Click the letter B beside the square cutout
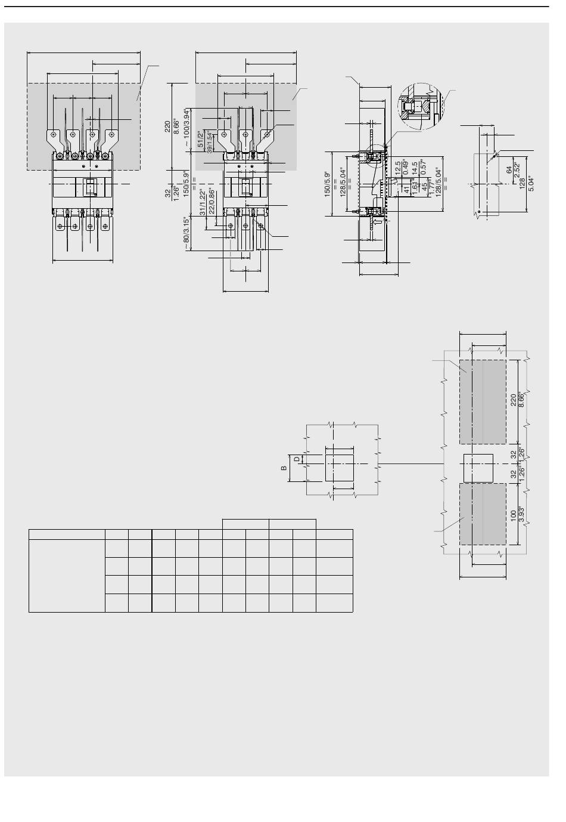coord(284,468)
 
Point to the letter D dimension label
coord(296,459)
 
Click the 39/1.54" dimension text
coord(209,141)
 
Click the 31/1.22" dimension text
coord(203,203)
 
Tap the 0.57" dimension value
coord(424,169)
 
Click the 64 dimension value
coord(508,169)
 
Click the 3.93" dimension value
coord(523,515)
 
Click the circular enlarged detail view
coord(420,106)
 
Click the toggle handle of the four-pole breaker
coord(91,187)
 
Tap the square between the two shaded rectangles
coord(478,468)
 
